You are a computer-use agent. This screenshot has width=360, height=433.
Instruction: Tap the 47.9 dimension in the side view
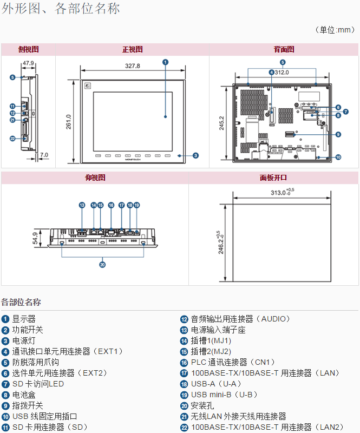28,63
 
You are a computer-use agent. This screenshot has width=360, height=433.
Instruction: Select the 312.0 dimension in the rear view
281,73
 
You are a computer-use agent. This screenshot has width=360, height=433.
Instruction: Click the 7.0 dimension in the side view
44,155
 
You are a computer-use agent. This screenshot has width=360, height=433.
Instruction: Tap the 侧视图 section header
28,49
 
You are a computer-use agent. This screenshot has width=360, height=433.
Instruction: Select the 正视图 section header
132,49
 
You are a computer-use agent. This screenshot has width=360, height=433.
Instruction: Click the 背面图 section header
284,49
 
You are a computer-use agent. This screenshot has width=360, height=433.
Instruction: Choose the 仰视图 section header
95,178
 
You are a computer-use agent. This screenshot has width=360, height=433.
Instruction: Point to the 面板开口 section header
273,178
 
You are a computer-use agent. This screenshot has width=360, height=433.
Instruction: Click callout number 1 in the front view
165,62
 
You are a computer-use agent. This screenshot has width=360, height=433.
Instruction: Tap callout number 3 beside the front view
195,155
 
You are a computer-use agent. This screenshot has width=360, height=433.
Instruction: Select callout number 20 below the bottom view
102,264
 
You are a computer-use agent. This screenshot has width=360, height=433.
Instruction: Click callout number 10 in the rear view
338,158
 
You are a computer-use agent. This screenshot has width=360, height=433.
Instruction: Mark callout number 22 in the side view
12,139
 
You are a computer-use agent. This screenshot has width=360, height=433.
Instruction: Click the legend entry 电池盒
19,395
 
